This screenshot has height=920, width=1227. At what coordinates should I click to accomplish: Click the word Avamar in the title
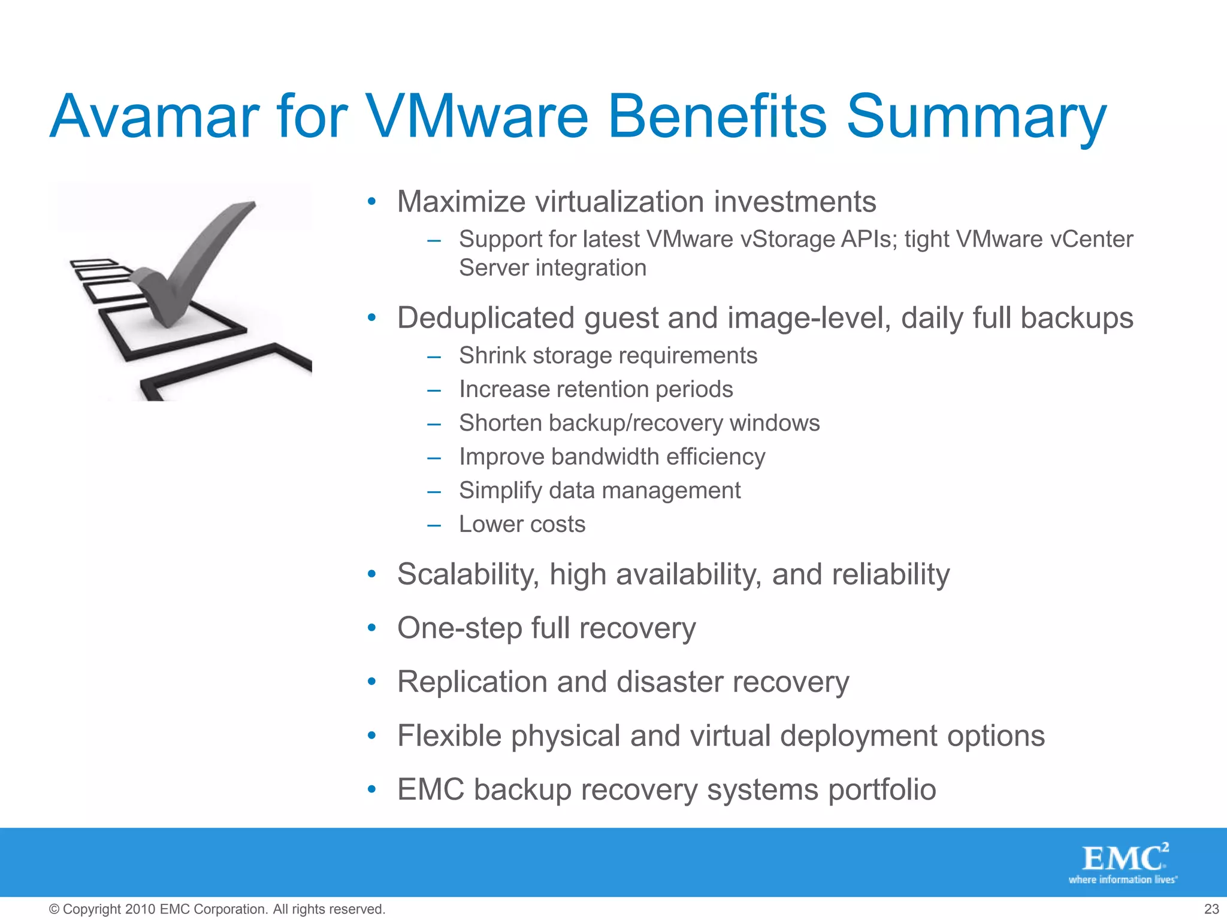click(155, 117)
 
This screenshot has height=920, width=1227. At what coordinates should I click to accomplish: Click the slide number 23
click(1211, 909)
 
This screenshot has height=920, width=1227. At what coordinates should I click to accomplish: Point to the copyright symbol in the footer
click(54, 909)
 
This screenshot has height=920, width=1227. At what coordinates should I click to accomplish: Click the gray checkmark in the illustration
click(192, 264)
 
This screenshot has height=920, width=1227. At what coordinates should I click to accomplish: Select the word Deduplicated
click(486, 318)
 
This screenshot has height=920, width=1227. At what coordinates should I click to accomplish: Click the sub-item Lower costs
click(522, 524)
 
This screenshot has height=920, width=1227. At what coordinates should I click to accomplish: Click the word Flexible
click(449, 736)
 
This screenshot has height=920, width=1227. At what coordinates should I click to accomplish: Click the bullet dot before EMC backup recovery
click(371, 789)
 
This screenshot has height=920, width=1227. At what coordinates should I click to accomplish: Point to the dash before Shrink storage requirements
click(434, 357)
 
